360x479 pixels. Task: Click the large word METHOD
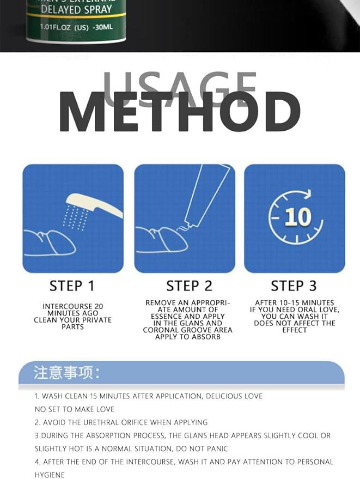pyautogui.click(x=179, y=113)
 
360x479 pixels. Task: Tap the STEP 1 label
pyautogui.click(x=72, y=286)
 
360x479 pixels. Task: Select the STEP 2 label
pyautogui.click(x=188, y=286)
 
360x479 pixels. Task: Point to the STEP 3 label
pyautogui.click(x=294, y=286)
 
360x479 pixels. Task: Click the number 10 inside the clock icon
pyautogui.click(x=297, y=217)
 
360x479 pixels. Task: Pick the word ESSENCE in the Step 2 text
pyautogui.click(x=168, y=316)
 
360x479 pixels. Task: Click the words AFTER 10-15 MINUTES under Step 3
pyautogui.click(x=294, y=303)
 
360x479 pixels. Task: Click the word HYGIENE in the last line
pyautogui.click(x=50, y=475)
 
